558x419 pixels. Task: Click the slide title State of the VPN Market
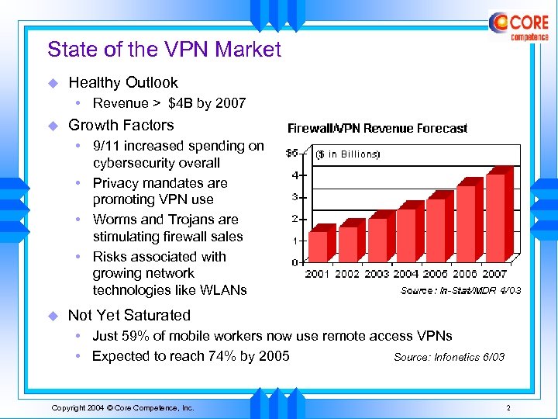(x=164, y=50)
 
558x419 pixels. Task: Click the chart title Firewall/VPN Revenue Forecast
(x=377, y=128)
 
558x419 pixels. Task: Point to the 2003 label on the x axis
(x=377, y=273)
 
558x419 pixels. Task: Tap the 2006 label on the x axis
(x=464, y=273)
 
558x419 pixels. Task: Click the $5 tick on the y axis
(x=293, y=152)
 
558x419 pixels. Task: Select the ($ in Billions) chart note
(x=347, y=154)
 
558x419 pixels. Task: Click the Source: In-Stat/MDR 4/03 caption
(x=460, y=290)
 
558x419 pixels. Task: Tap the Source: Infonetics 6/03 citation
(x=449, y=358)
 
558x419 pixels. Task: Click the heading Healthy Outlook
(x=123, y=82)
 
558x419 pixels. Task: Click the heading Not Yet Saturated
(x=129, y=315)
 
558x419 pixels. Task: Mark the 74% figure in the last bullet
(x=229, y=356)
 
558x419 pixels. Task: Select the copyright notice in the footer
(x=122, y=407)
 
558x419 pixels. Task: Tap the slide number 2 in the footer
(x=508, y=407)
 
